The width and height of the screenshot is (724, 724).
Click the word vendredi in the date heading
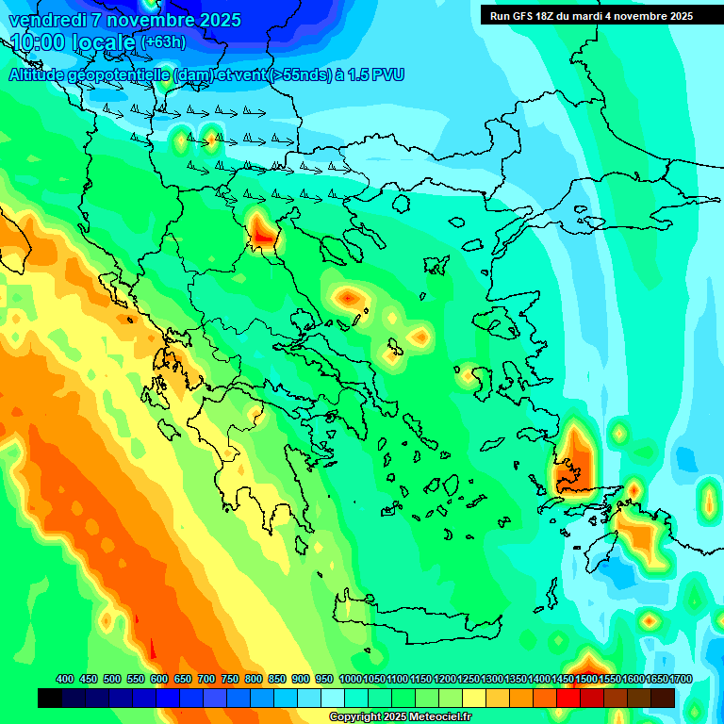(44, 20)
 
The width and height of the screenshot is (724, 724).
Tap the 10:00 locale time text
(74, 42)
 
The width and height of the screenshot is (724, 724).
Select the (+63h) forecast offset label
(163, 42)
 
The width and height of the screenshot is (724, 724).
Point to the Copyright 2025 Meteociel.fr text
(400, 717)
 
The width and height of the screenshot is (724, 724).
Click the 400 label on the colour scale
(65, 679)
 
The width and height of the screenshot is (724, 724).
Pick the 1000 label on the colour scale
(350, 679)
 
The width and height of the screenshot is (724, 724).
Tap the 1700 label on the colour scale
(657, 679)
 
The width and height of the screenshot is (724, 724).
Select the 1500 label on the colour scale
(586, 679)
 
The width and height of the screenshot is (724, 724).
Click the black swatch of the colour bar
(50, 698)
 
